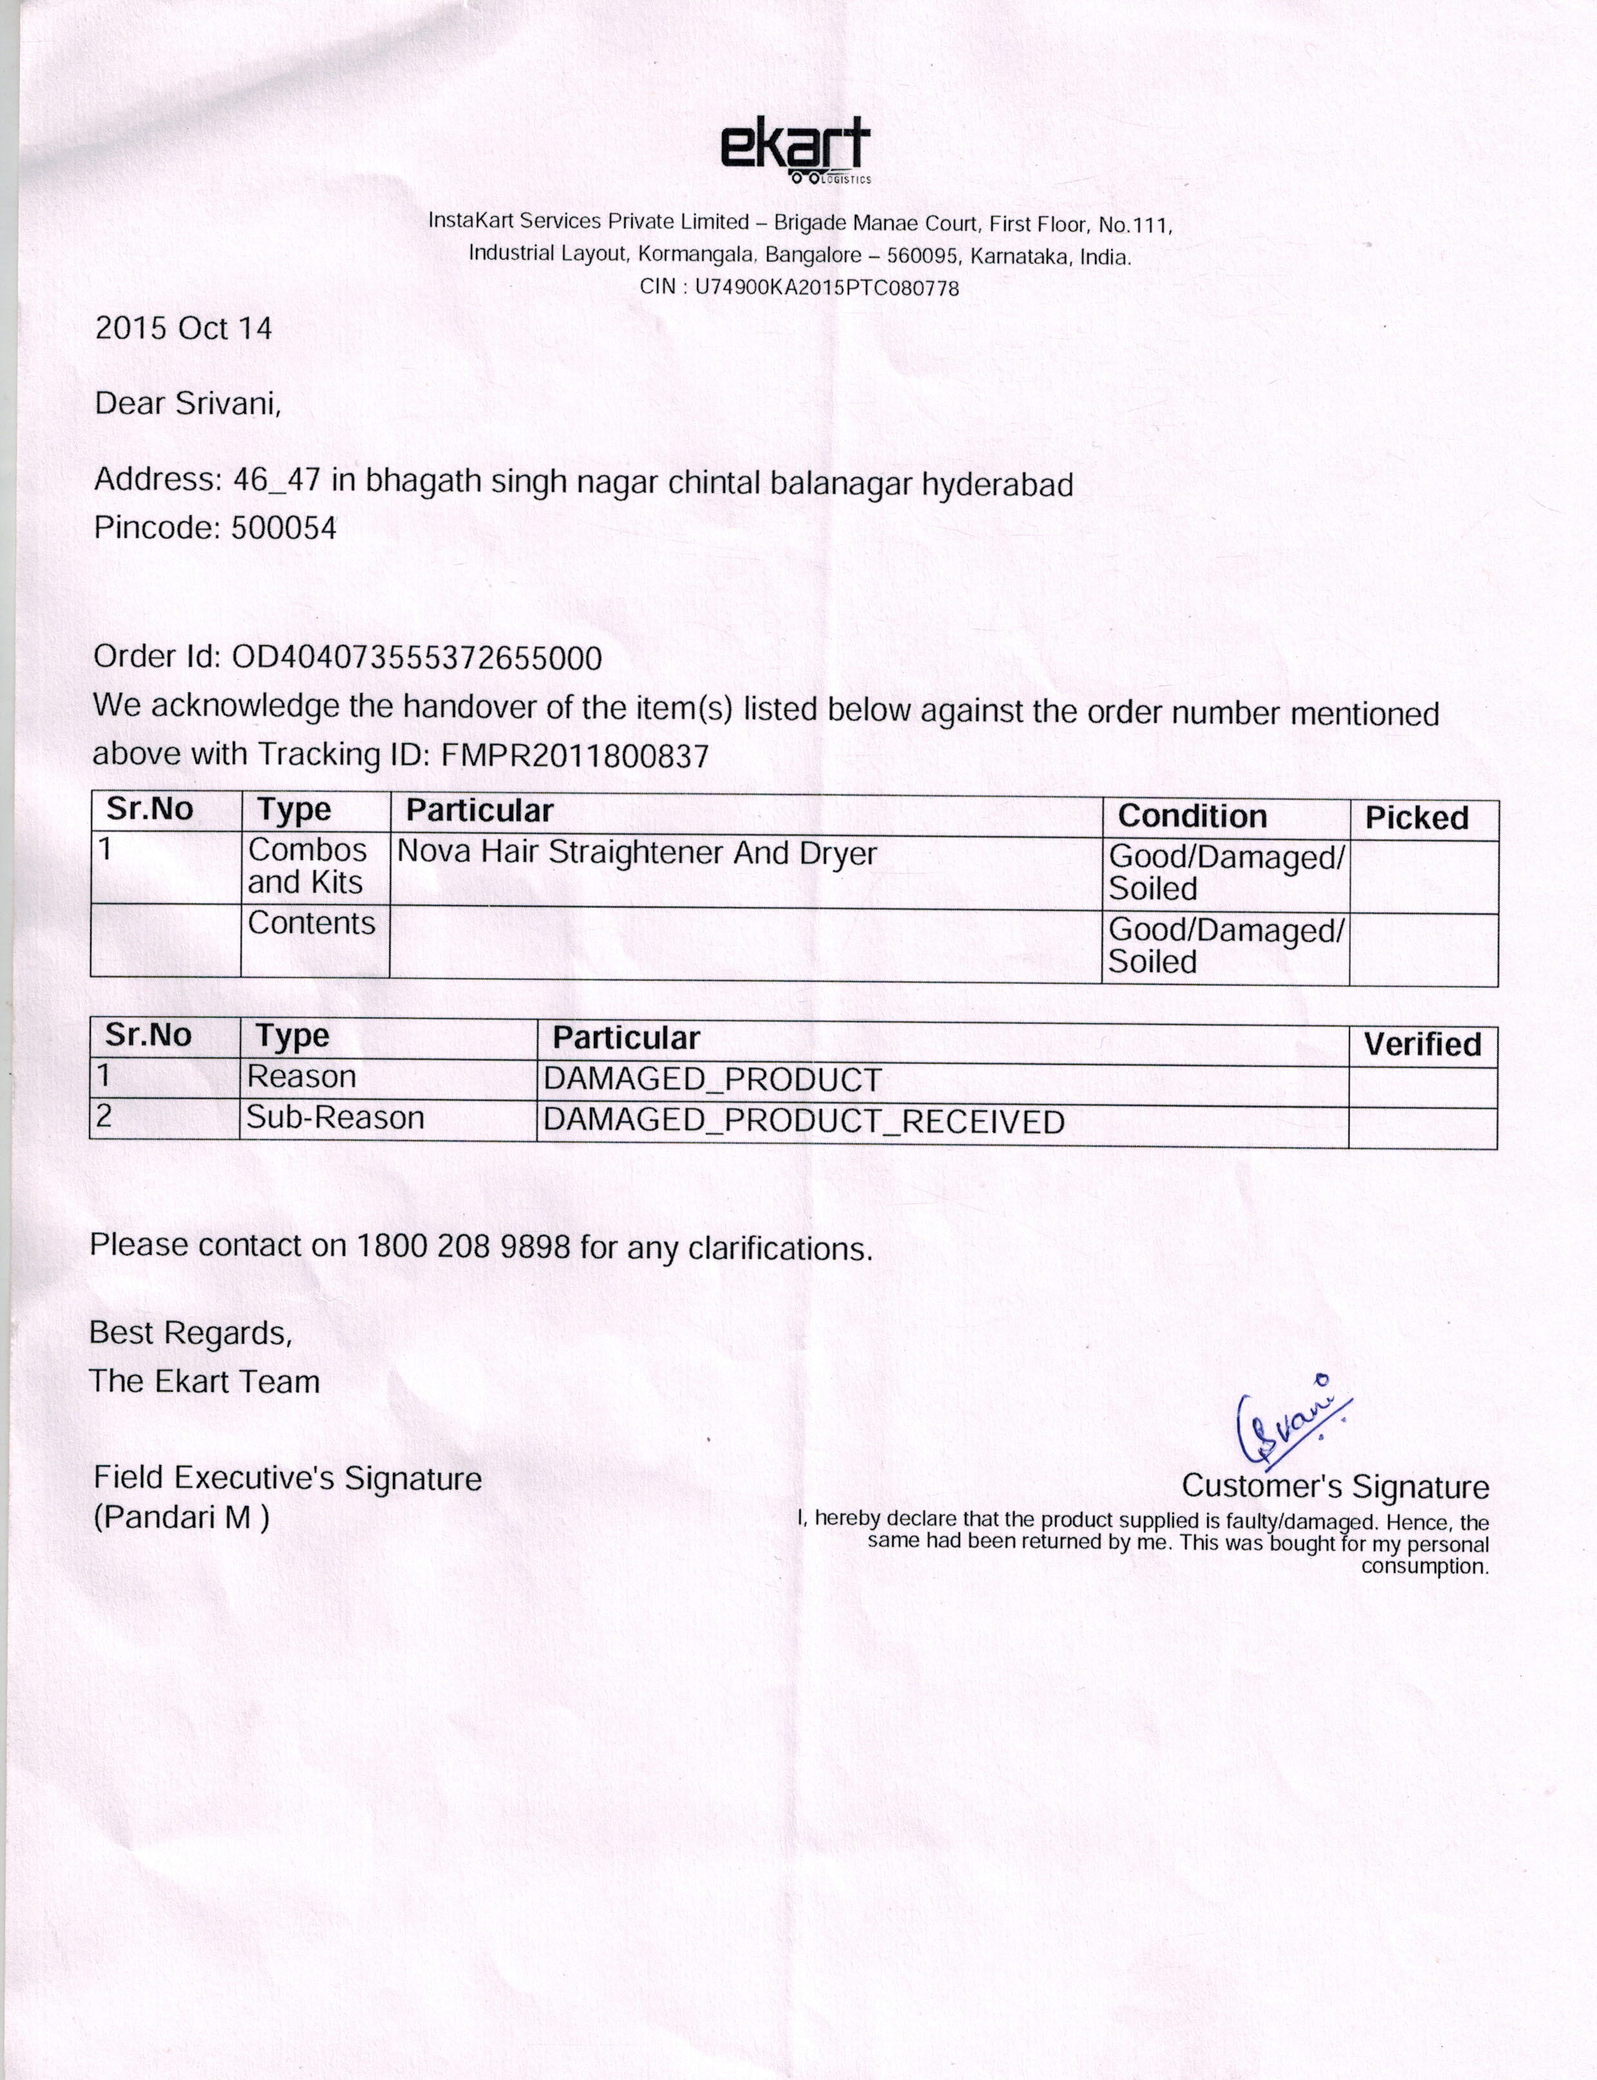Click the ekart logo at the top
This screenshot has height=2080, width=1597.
(795, 150)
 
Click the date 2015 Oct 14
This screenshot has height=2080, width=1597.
(184, 329)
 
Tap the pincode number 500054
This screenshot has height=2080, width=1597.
(283, 529)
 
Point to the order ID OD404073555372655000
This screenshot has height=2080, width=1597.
(416, 658)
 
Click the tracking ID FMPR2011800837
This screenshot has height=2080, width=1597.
(575, 756)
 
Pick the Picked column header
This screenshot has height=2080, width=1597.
(1417, 819)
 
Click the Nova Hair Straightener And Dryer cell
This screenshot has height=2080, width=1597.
(636, 853)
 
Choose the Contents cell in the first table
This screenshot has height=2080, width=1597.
(312, 923)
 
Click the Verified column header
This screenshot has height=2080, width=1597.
(1422, 1045)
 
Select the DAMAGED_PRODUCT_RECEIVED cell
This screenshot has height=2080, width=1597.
(803, 1121)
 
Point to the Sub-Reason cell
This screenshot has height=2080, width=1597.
(334, 1118)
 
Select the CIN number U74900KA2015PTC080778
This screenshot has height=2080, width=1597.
(827, 287)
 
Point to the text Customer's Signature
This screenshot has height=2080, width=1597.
(1335, 1486)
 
